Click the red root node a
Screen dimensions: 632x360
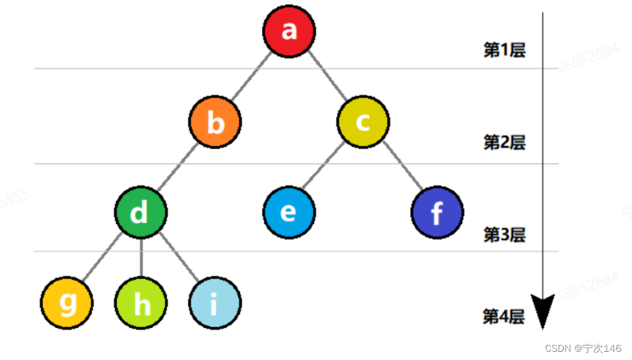[x=289, y=31]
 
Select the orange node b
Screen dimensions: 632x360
[x=215, y=123]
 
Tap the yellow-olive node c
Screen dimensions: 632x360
[x=363, y=122]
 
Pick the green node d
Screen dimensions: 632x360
[x=140, y=213]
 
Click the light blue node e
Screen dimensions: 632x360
[x=289, y=211]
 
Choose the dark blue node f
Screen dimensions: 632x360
[x=437, y=212]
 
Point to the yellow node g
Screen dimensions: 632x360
[x=67, y=303]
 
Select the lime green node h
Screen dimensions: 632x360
[x=142, y=303]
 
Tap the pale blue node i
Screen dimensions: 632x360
[x=215, y=303]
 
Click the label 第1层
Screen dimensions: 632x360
[x=504, y=50]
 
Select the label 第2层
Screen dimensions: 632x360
[x=504, y=142]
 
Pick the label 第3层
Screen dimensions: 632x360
[x=504, y=234]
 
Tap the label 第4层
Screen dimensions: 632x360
[x=503, y=316]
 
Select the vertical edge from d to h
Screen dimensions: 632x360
[x=141, y=259]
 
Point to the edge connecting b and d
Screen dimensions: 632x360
[x=178, y=168]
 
